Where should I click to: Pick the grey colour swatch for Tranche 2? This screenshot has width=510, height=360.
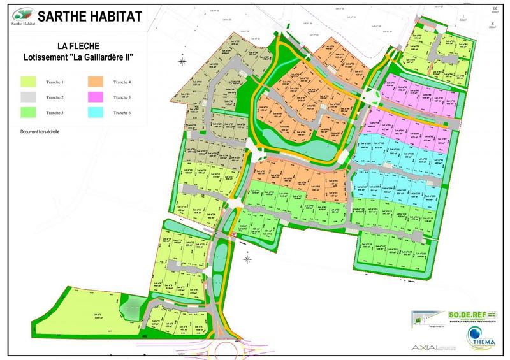(30, 97)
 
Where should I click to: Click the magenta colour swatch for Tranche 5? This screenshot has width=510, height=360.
(98, 97)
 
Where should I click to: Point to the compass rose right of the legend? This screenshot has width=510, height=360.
(182, 62)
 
